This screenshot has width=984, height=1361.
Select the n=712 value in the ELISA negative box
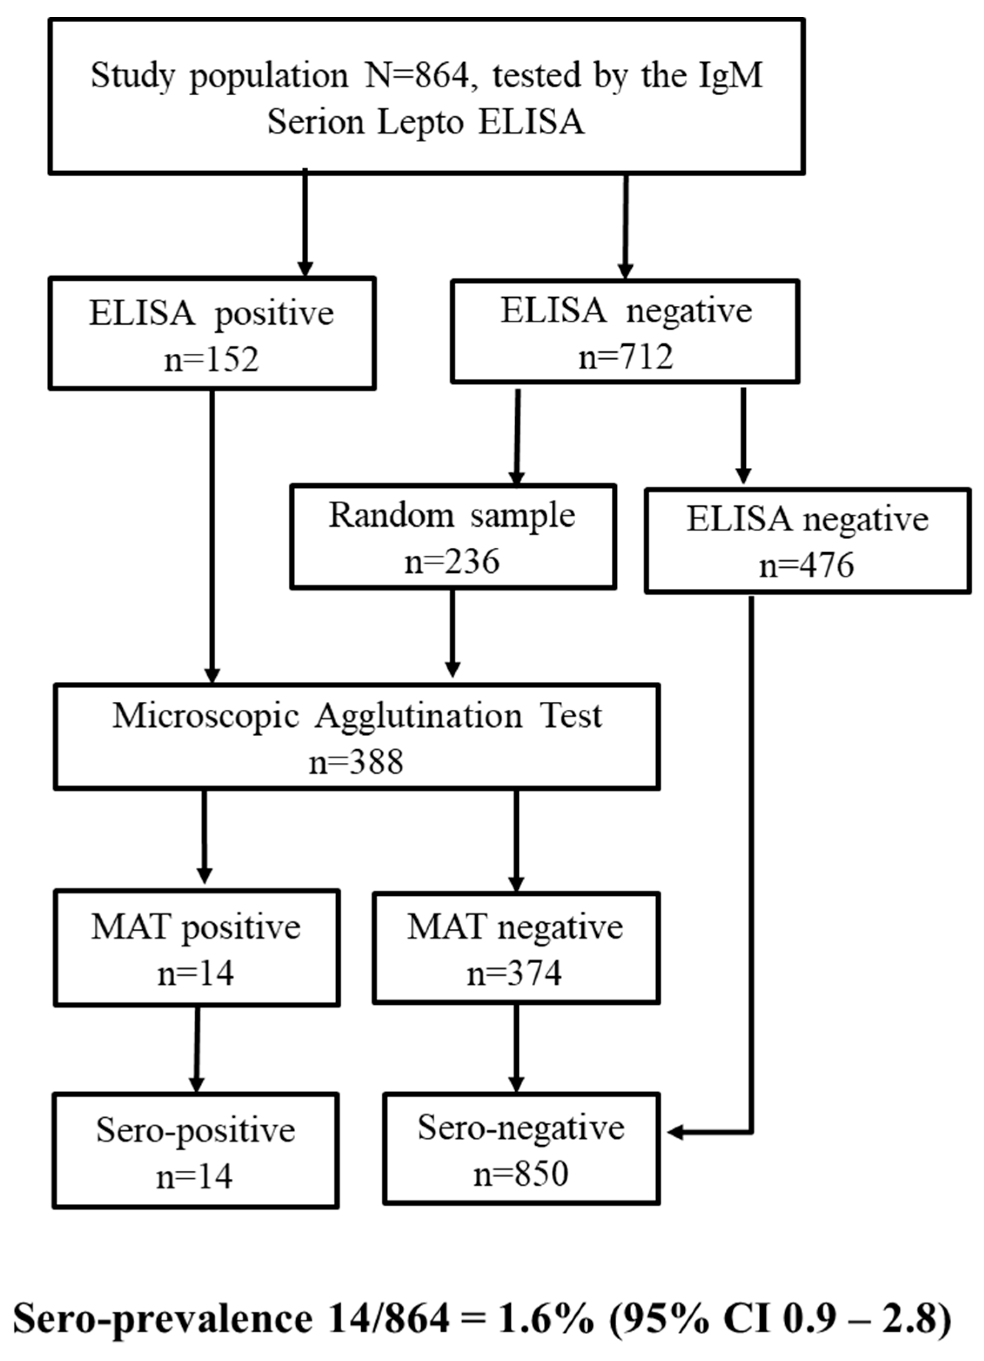[x=625, y=357]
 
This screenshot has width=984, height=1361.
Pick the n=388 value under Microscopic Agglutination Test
[x=356, y=763]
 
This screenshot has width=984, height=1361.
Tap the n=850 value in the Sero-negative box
[x=520, y=1174]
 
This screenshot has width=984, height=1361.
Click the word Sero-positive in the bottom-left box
[x=196, y=1130]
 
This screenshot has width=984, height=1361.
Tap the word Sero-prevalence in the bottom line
[x=162, y=1319]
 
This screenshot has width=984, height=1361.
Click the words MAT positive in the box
[x=196, y=927]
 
